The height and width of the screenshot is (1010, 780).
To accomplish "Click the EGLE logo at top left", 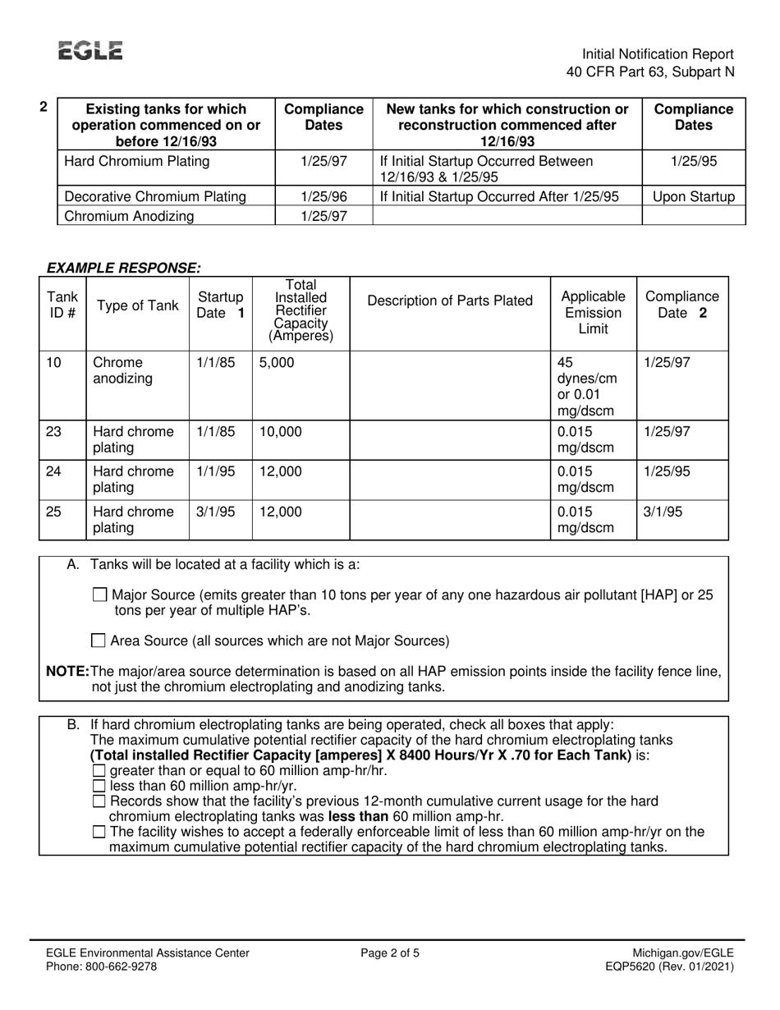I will point(90,51).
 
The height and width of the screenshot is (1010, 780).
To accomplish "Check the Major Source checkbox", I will point(100,595).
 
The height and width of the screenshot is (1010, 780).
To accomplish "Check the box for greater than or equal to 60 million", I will point(99,771).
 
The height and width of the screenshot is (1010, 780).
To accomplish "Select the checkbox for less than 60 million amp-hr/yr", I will point(99,786).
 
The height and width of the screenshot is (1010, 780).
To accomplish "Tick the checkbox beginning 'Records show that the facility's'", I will point(99,801).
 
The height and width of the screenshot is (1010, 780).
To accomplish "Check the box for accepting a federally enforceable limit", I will point(99,832).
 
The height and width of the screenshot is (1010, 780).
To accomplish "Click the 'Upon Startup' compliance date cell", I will point(693,197).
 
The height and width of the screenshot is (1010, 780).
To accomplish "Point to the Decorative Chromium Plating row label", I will point(155,197).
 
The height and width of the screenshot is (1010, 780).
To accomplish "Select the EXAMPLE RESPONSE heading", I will point(124,268).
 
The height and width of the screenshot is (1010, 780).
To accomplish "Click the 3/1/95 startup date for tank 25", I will point(215,512).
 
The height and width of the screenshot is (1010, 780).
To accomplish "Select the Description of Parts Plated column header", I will point(449,301).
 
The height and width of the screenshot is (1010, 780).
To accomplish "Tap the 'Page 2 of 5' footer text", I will point(390,953).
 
